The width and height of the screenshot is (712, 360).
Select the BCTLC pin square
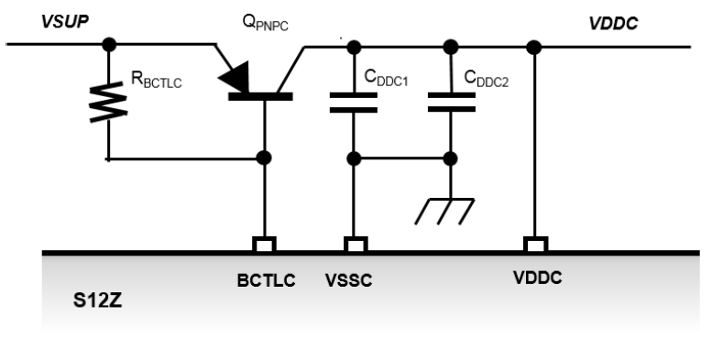tap(264, 245)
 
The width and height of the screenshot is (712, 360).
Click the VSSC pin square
tap(353, 245)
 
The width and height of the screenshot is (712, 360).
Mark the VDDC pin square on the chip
tap(534, 245)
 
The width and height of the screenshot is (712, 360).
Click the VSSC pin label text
tap(352, 281)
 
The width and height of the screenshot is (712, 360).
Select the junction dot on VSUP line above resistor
tap(109, 44)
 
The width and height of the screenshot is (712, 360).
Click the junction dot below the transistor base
tap(264, 158)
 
